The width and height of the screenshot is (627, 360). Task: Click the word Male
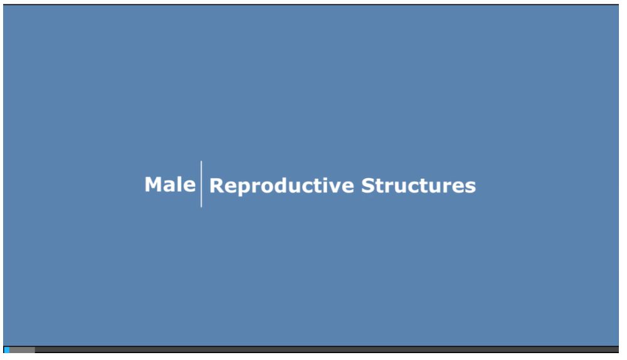(170, 184)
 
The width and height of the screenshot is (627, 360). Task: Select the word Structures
(418, 186)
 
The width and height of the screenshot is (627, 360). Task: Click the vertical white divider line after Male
(201, 184)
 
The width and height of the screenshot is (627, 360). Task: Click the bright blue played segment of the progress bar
(6, 350)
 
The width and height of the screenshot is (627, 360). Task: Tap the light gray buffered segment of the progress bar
(22, 350)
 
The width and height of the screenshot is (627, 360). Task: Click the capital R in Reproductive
(216, 186)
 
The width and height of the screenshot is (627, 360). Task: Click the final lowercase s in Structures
(471, 187)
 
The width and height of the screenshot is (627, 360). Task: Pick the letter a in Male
(170, 186)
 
